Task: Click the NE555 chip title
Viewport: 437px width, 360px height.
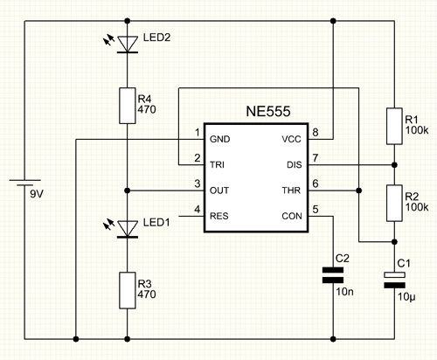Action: [268, 111]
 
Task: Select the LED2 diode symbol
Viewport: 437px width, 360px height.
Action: [128, 45]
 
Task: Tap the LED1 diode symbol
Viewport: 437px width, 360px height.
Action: [128, 229]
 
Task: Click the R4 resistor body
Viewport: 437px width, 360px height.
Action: [128, 106]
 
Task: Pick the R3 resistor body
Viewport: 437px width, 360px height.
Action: [128, 290]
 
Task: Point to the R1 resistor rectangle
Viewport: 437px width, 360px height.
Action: [394, 126]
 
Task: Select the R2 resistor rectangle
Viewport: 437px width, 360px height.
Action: [394, 204]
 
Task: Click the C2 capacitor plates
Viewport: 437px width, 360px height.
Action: [333, 275]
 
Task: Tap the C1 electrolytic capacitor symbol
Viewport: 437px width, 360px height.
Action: [394, 280]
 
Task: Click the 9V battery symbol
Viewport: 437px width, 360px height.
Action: [24, 183]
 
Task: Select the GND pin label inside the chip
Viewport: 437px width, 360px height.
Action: [219, 139]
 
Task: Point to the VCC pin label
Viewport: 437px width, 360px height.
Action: [291, 139]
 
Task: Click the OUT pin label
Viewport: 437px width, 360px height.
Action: [219, 190]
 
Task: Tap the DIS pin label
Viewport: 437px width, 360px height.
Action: [295, 165]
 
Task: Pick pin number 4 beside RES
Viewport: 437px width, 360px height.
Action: [198, 209]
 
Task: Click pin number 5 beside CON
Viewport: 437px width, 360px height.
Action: [316, 209]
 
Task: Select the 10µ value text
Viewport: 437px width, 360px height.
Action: [406, 297]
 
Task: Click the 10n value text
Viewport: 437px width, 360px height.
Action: [345, 292]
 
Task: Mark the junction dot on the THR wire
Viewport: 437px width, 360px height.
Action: [359, 190]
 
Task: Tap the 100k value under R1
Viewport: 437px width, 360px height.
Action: [417, 130]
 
